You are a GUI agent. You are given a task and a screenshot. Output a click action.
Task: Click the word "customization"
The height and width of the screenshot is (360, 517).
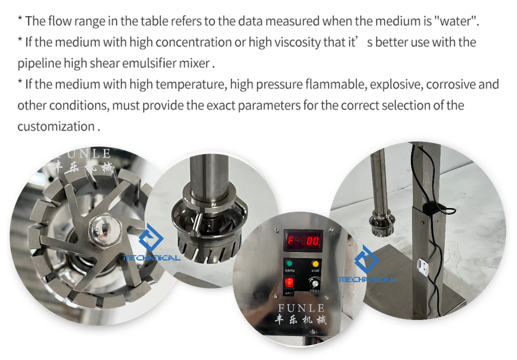point(56,126)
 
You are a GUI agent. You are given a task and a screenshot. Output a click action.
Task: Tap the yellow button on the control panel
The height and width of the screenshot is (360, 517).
point(315,264)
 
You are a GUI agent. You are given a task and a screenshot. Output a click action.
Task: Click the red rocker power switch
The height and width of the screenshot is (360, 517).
point(289,282)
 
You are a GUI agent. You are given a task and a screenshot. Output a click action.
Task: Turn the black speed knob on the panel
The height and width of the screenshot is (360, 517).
point(315,283)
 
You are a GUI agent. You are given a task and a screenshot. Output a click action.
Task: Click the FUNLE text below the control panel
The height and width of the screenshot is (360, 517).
point(301,308)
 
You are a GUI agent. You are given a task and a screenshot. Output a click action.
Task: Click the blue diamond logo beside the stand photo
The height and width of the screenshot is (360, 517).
point(367,259)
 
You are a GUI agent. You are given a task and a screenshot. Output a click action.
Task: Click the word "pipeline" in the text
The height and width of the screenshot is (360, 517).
point(39,63)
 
